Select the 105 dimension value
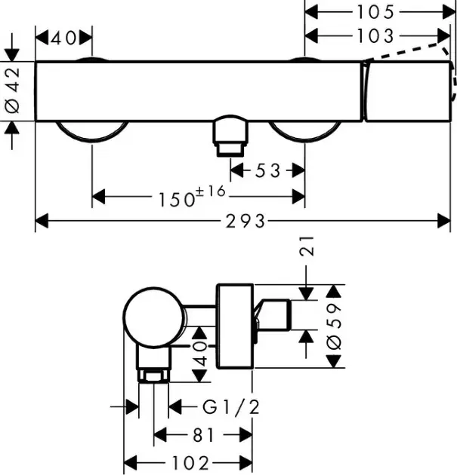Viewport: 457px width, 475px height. (x=376, y=12)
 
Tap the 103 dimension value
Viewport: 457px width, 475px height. (x=376, y=35)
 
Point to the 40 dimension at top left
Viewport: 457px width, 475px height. (x=64, y=36)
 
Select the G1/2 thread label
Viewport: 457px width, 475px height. (x=231, y=408)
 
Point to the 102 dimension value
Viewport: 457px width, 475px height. (x=190, y=461)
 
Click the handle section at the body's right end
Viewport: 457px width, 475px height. (x=408, y=91)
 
